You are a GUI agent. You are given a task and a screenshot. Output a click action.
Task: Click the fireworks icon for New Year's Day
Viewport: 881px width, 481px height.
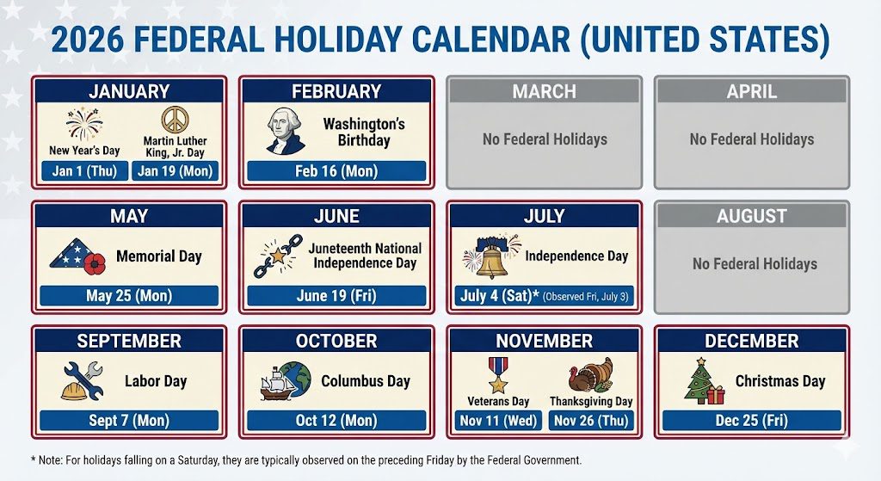tap(83, 125)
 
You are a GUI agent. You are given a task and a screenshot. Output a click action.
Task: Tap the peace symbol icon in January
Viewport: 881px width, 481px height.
tap(175, 120)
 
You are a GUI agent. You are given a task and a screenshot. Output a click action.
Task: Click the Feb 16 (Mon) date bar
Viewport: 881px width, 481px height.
tap(336, 171)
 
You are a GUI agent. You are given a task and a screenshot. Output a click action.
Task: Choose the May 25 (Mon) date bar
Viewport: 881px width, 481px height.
tap(129, 296)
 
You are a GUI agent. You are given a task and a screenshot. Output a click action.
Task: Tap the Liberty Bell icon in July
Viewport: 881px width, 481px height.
tap(491, 256)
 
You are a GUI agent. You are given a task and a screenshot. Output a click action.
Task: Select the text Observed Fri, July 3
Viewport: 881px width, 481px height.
tap(588, 297)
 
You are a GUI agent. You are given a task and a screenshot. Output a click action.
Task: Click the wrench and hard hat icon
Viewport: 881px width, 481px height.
tap(82, 380)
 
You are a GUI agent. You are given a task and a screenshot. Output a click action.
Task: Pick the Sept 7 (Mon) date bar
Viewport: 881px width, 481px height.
tap(129, 421)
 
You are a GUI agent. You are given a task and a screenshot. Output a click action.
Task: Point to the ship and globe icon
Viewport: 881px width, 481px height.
tap(286, 381)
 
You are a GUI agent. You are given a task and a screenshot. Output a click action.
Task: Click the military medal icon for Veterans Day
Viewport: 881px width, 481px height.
tap(498, 375)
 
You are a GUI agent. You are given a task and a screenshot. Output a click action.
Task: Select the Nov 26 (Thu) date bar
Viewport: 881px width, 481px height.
tap(590, 421)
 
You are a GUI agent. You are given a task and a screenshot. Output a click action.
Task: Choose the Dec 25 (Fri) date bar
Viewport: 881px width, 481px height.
tap(751, 421)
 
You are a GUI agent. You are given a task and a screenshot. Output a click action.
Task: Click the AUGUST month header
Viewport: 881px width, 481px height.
tap(751, 216)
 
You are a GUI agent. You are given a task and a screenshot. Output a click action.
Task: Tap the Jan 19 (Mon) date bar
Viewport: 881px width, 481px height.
tap(175, 171)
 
